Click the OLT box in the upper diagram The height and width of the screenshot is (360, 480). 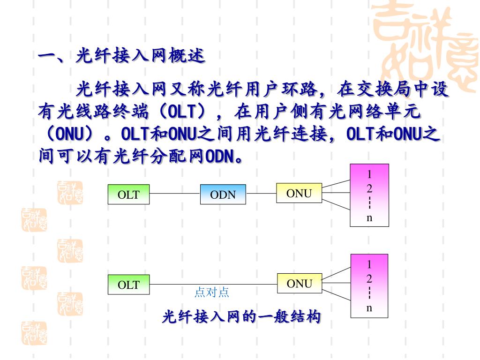point(128,195)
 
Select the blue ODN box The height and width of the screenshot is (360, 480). point(223,195)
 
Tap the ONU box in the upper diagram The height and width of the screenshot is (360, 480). point(299,193)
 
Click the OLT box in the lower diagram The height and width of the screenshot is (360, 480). point(128,285)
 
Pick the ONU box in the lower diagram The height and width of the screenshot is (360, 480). point(299,283)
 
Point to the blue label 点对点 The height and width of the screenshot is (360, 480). point(212,292)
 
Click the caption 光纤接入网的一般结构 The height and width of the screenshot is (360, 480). point(241,317)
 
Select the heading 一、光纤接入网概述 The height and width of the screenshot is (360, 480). point(121,56)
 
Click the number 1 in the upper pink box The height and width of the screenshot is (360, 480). point(369,174)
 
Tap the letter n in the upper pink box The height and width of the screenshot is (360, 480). point(369,217)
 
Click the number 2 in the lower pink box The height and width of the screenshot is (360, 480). point(369,278)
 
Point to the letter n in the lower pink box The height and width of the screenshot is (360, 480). point(369,307)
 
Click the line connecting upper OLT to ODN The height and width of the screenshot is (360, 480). point(175,193)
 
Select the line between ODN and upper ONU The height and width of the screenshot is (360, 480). point(261,193)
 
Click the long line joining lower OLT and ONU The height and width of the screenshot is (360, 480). point(213,284)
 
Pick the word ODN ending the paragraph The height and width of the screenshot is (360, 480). point(220,156)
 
